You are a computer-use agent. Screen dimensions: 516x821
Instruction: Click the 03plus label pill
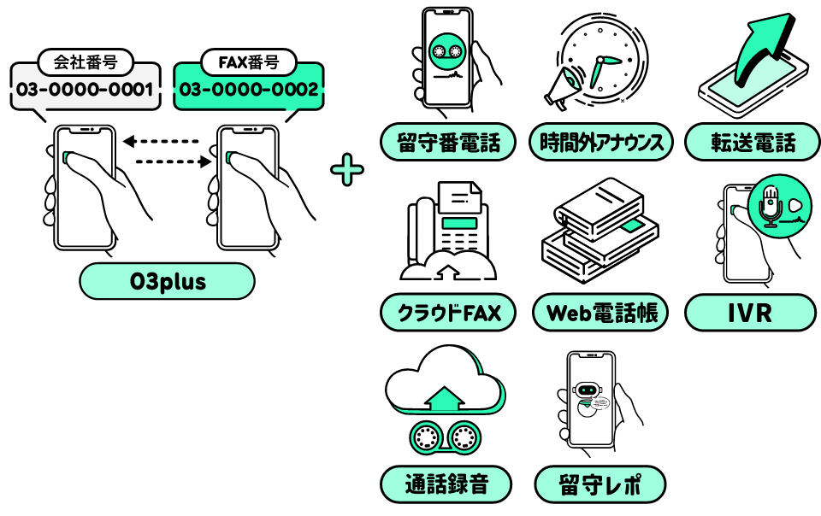[x=167, y=281]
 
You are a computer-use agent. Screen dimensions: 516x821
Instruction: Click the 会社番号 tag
[x=84, y=62]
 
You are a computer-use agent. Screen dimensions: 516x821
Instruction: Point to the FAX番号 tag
[x=248, y=62]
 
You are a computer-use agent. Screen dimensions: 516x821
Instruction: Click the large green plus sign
[x=346, y=170]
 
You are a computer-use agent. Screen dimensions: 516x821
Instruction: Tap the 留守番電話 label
[x=447, y=142]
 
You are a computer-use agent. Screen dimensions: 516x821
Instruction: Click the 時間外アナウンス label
[x=601, y=142]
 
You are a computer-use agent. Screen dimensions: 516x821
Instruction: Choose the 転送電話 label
[x=753, y=142]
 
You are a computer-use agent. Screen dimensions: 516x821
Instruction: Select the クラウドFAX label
[x=447, y=313]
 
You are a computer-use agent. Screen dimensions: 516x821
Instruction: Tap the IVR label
[x=753, y=313]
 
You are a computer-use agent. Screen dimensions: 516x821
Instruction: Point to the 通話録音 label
[x=446, y=484]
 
